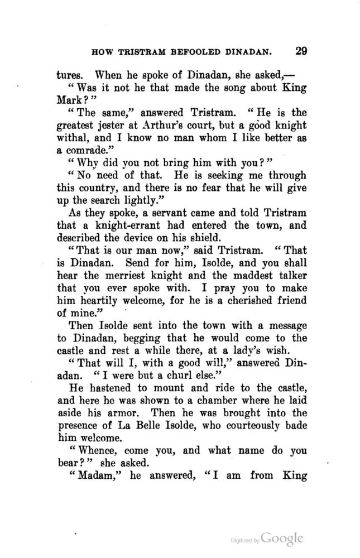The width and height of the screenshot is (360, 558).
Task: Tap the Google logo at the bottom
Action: (x=282, y=540)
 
